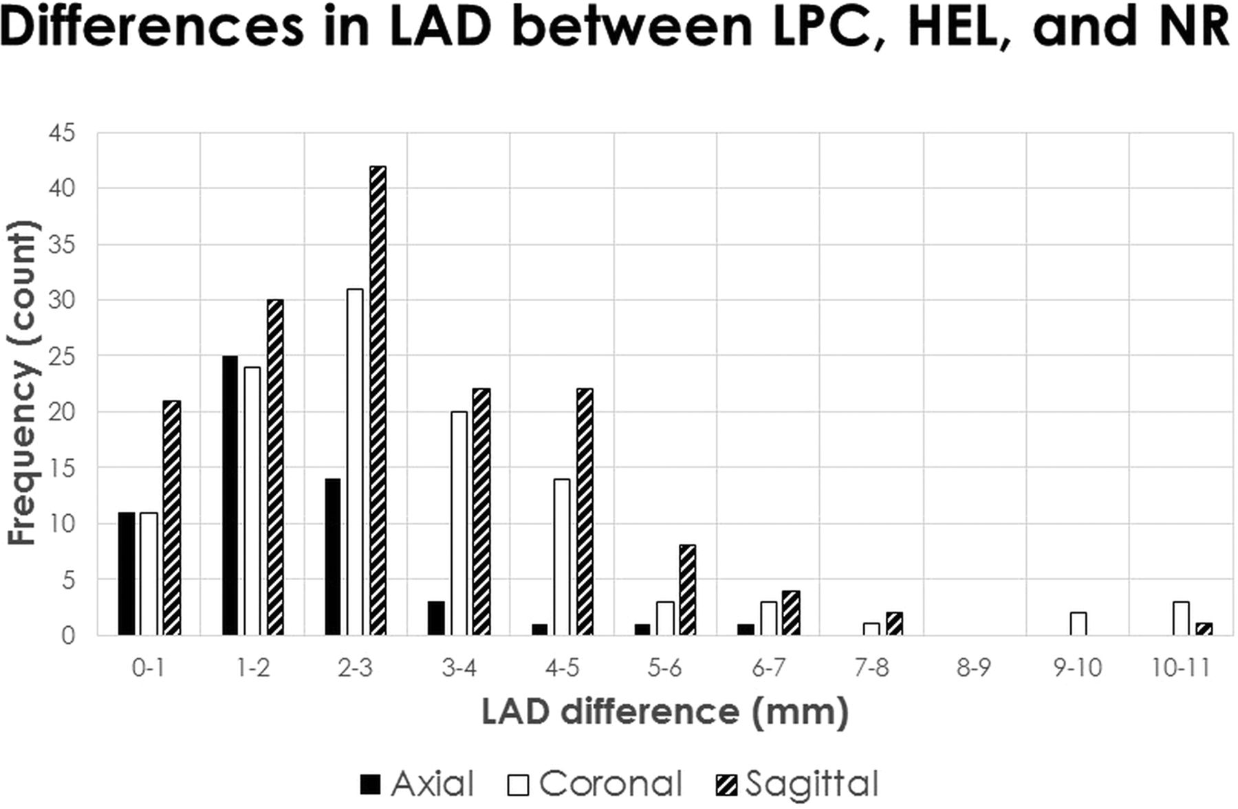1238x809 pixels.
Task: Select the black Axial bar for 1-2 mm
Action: pos(230,495)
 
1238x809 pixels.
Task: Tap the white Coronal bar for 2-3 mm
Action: pos(355,462)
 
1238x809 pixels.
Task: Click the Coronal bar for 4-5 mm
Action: pos(561,557)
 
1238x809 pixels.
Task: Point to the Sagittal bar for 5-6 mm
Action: pos(687,590)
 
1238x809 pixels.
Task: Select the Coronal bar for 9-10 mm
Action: pos(1078,623)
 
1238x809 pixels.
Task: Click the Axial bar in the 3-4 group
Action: pos(436,618)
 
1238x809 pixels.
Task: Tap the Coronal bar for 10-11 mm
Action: pos(1181,618)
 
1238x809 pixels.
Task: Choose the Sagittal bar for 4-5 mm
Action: pos(584,511)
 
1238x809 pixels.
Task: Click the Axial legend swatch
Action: pos(370,784)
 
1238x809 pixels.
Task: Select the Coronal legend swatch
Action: pos(519,784)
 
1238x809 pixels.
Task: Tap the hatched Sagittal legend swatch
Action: pos(726,784)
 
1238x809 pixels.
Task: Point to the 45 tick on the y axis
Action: pos(62,133)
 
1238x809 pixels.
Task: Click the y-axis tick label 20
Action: pos(62,412)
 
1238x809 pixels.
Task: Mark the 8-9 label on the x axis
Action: pos(974,668)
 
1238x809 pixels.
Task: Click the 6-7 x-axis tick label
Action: pos(768,668)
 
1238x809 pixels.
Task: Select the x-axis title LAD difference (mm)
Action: pos(664,712)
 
